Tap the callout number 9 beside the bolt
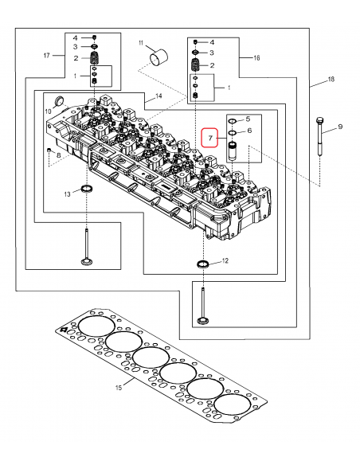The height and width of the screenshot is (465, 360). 338,127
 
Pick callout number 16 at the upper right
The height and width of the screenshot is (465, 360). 256,58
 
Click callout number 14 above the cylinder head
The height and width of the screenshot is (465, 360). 159,96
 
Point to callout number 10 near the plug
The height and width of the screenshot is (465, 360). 48,111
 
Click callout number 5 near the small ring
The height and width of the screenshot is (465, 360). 248,118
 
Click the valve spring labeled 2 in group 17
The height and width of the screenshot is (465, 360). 95,59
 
